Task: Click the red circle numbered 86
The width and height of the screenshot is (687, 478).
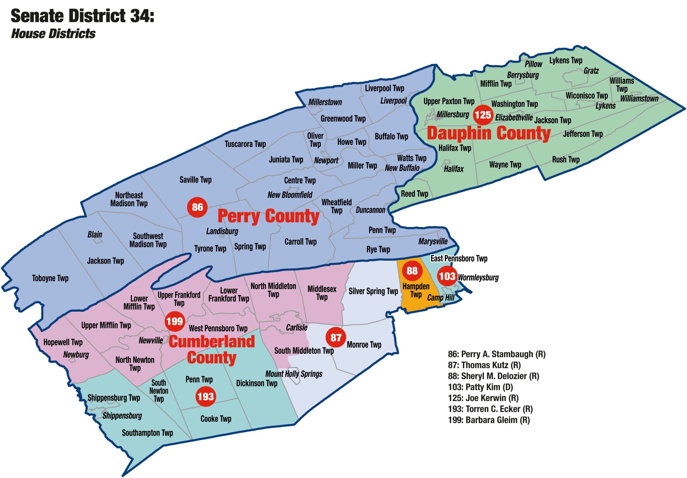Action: [x=197, y=207]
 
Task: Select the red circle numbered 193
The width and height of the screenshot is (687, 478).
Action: [x=206, y=396]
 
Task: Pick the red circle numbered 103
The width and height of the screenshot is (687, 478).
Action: [x=447, y=276]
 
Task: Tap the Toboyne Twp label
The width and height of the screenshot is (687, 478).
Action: [x=50, y=278]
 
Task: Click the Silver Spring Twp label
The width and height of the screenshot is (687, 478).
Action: [x=373, y=291]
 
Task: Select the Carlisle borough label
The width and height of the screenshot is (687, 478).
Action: [x=297, y=328]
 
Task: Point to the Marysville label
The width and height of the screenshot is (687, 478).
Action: [x=433, y=241]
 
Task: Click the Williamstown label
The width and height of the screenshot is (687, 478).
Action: [x=639, y=98]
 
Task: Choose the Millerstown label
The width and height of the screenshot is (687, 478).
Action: [x=325, y=102]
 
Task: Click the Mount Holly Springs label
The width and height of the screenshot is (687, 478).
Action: [x=294, y=374]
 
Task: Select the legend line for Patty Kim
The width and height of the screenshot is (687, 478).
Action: [x=480, y=387]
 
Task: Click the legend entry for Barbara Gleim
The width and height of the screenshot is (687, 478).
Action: [x=489, y=420]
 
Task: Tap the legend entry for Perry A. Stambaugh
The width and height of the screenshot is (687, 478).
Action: [x=496, y=354]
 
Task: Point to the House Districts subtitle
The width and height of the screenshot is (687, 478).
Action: [x=53, y=34]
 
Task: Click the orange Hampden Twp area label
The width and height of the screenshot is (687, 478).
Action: [x=416, y=290]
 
